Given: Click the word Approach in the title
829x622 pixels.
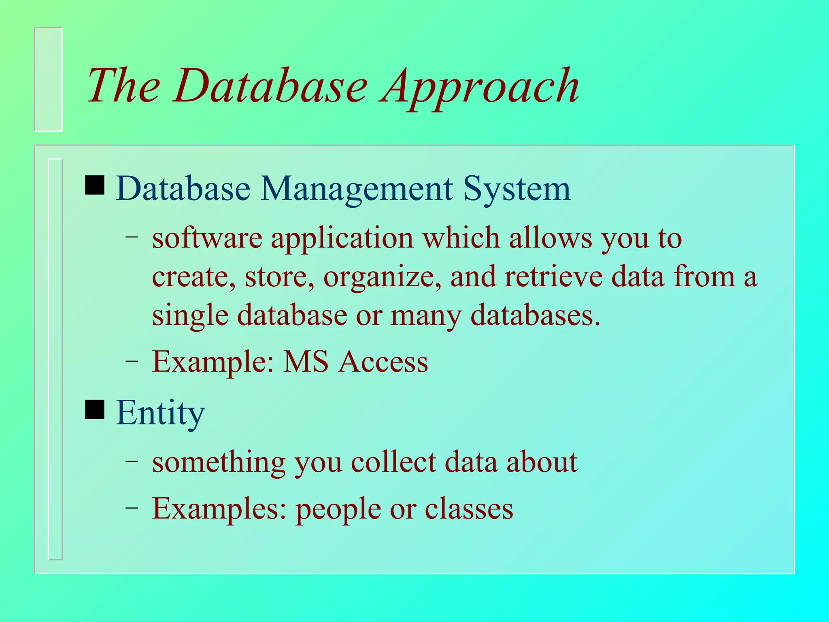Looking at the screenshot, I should tap(480, 87).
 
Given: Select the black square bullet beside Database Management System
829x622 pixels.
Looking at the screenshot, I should tap(95, 185).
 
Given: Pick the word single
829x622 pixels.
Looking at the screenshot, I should tap(190, 316).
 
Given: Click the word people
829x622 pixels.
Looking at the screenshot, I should tap(338, 509).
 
